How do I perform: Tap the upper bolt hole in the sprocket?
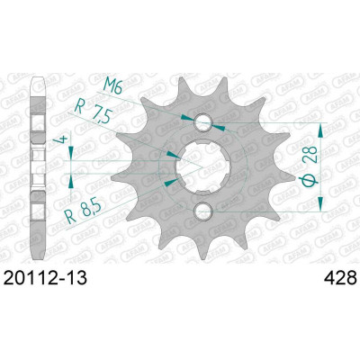pos(203,121)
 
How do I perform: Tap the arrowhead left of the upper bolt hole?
pos(186,117)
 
